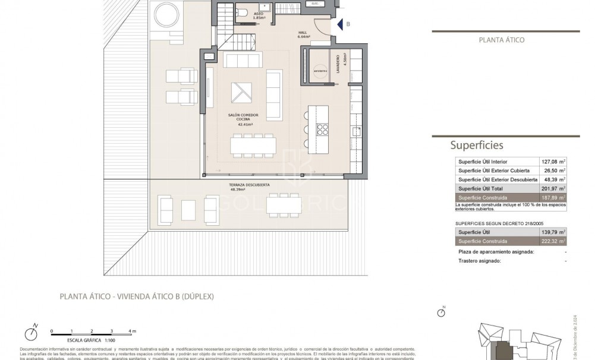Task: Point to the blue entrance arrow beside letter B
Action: [339, 24]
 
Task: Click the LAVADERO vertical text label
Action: [337, 61]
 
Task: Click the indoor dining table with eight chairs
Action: [254, 144]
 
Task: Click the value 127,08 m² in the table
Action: [552, 162]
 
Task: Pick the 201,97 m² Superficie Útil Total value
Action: [552, 188]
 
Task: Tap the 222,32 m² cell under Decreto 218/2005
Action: [552, 241]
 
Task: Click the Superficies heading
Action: [477, 144]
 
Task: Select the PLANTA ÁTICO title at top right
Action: [501, 40]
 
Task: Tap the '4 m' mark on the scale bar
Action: [132, 330]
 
